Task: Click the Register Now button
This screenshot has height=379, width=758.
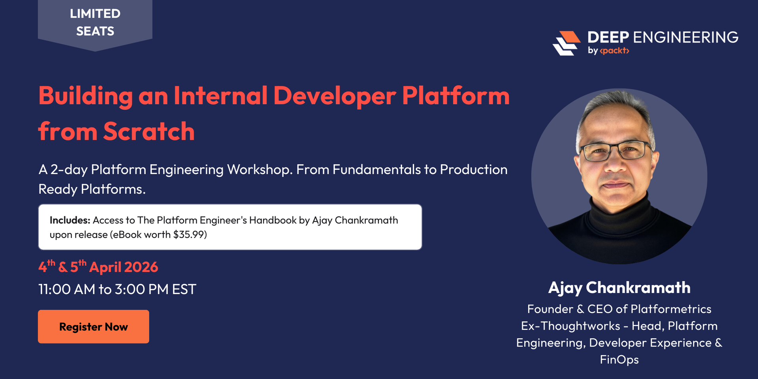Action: point(94,326)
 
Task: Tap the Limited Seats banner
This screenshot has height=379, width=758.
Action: point(95,23)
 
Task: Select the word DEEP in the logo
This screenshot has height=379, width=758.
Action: point(608,38)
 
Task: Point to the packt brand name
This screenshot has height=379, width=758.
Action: point(614,51)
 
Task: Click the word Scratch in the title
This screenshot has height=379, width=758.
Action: point(149,131)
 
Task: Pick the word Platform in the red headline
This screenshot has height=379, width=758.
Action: point(456,96)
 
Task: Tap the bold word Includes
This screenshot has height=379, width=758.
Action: point(70,220)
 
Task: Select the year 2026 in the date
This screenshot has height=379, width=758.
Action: point(141,267)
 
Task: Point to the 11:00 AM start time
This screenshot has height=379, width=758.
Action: point(67,289)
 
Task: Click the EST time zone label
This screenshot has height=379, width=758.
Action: point(184,289)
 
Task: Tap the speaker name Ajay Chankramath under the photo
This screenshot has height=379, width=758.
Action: point(619,288)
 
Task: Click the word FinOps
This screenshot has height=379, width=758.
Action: point(619,360)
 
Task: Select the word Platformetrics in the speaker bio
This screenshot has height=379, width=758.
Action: point(671,309)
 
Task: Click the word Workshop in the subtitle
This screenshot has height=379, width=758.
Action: point(259,170)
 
